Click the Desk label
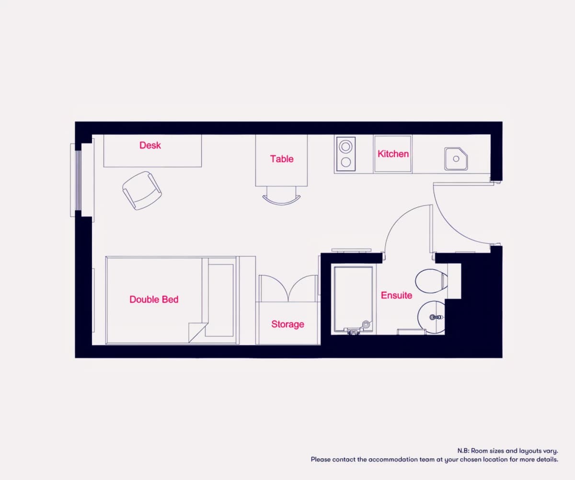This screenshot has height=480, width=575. click(x=150, y=145)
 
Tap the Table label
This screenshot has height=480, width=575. click(x=282, y=159)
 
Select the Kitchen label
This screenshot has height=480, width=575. click(x=393, y=154)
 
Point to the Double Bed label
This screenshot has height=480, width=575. click(x=154, y=300)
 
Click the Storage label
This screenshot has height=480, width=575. click(x=288, y=324)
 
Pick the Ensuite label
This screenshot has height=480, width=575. click(x=397, y=295)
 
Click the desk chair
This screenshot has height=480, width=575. click(x=142, y=191)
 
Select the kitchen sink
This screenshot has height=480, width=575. click(x=456, y=158)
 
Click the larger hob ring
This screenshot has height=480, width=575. click(x=345, y=146)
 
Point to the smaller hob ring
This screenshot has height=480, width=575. click(x=346, y=162)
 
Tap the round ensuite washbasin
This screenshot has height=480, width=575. click(x=431, y=317)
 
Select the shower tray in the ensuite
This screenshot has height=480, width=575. click(x=353, y=300)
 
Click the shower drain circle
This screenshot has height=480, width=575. click(x=366, y=324)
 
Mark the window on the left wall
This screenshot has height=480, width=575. click(x=78, y=180)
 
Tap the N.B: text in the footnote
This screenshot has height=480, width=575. click(x=463, y=451)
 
